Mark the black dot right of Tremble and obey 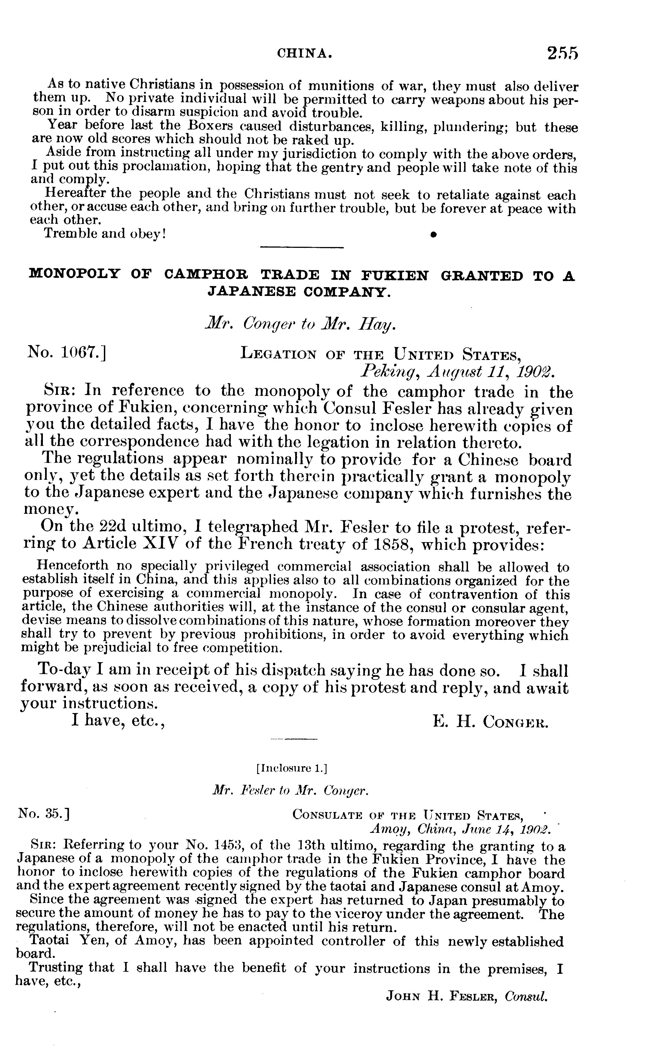point(433,234)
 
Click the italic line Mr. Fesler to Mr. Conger point(291,791)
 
